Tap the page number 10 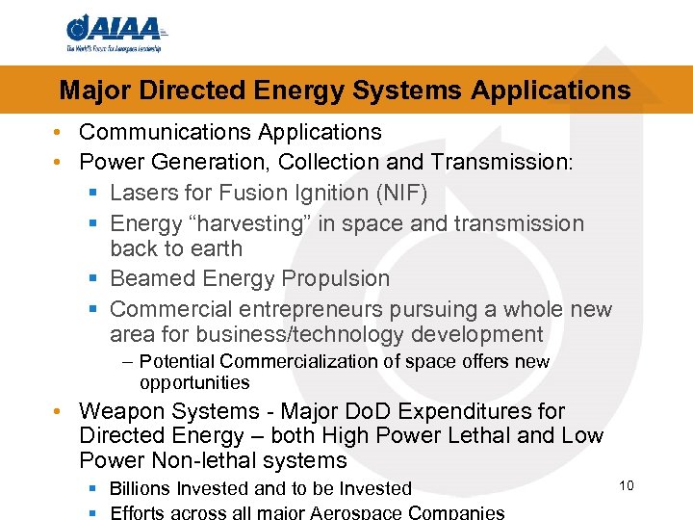626,485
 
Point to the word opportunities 194,382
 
